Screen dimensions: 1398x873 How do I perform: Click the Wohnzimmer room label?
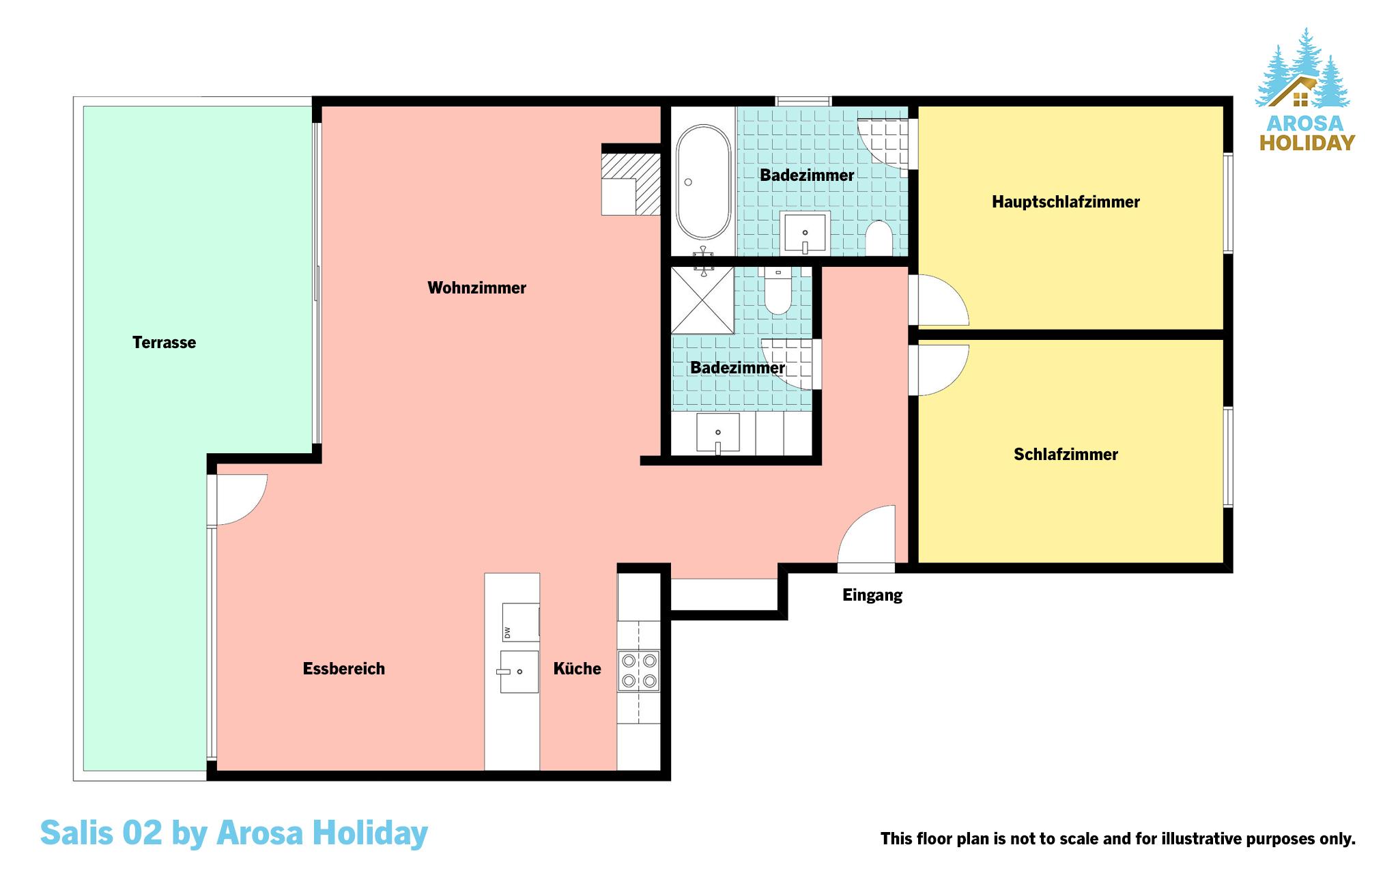(x=476, y=288)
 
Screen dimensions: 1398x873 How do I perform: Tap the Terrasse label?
(x=164, y=343)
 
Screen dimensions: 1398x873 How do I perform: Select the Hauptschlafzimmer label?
(x=1066, y=202)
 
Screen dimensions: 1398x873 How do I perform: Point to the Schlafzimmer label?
(x=1066, y=455)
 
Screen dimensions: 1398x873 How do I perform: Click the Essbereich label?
(x=344, y=669)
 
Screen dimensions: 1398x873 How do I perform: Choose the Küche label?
(x=577, y=669)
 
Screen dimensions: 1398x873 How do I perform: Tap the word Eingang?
(x=872, y=595)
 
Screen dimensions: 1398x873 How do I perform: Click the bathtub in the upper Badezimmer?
(x=703, y=182)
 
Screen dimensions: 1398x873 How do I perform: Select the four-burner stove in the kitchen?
(x=639, y=671)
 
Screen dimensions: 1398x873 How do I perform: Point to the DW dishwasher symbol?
(x=521, y=622)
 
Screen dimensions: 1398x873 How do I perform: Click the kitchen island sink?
(x=519, y=672)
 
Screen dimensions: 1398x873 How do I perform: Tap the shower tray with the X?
(x=702, y=300)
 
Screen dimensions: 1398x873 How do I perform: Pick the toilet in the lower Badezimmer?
(x=778, y=290)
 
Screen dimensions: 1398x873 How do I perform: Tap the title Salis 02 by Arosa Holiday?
(x=234, y=833)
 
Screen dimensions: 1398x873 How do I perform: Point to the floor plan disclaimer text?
(x=1118, y=839)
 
